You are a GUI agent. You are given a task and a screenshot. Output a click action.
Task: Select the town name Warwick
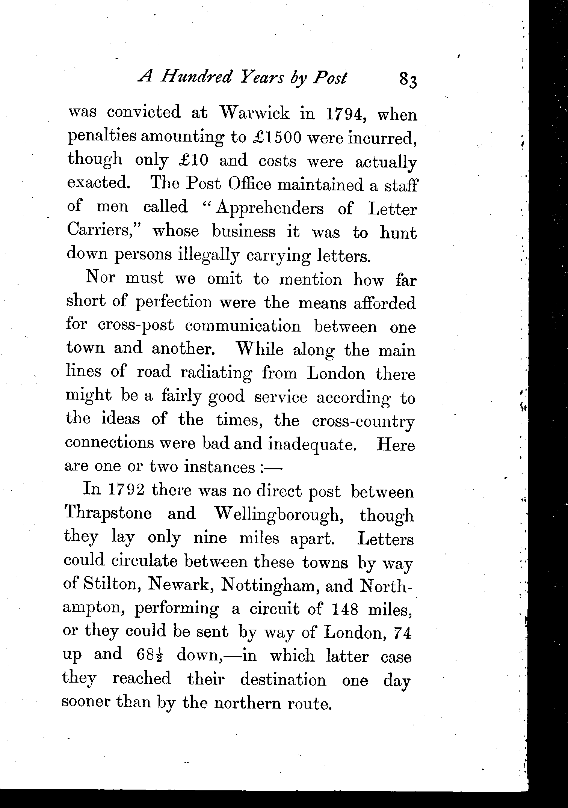pos(254,113)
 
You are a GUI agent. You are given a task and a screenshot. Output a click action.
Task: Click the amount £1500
pos(277,138)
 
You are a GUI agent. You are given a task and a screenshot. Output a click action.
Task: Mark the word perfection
pos(174,303)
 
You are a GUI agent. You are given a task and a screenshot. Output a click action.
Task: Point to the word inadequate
pos(312,444)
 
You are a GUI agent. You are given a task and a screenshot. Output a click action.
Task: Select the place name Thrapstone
pos(108,513)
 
